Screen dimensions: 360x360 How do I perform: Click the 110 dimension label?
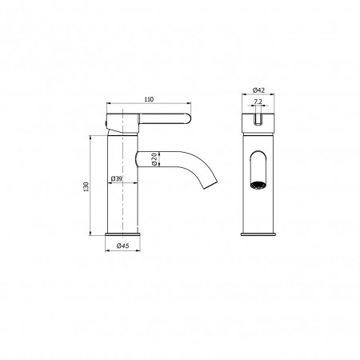click(x=149, y=99)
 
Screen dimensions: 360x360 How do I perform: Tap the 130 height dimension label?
click(x=86, y=186)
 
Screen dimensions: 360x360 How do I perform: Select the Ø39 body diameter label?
click(x=116, y=178)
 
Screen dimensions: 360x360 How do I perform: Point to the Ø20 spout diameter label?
click(x=154, y=159)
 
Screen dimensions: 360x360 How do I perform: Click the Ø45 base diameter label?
click(x=122, y=246)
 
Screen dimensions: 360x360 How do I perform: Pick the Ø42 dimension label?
click(x=258, y=90)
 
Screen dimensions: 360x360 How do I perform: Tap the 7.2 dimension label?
click(x=258, y=102)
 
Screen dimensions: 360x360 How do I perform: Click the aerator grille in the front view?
click(x=258, y=185)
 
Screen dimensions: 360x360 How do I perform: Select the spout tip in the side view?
click(x=211, y=186)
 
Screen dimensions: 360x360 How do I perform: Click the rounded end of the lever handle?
click(x=187, y=118)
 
